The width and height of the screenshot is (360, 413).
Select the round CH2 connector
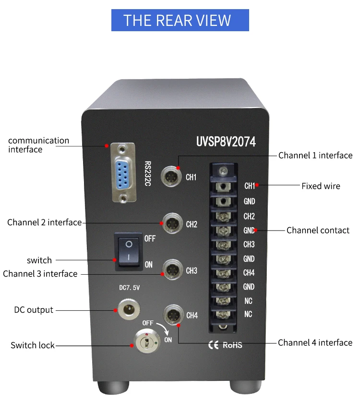[x=171, y=223]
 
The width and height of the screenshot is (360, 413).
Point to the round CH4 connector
[x=172, y=315]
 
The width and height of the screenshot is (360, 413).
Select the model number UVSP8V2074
[x=226, y=142]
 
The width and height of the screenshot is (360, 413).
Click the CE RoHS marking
[x=225, y=345]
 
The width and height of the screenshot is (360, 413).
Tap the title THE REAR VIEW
[x=180, y=21]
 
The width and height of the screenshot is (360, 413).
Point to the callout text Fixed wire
[x=321, y=186]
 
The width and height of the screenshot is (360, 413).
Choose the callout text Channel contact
[x=318, y=230]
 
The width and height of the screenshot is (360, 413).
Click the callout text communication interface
[x=38, y=145]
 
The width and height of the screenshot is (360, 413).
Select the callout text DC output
[x=34, y=310]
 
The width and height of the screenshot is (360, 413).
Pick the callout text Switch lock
[x=33, y=345]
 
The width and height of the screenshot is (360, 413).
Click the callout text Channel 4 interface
[x=315, y=342]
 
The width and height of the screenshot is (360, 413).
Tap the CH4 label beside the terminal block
[x=249, y=273]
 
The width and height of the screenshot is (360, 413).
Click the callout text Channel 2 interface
[x=44, y=222]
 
